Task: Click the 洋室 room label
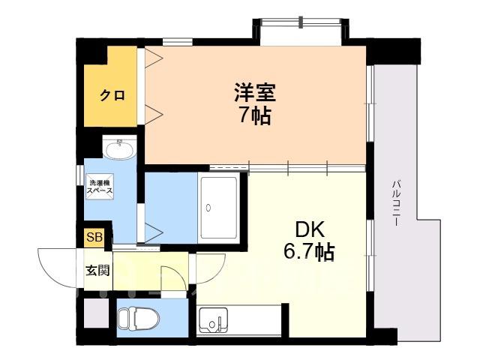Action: [255, 92]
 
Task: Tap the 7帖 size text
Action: [255, 115]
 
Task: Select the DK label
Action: [310, 229]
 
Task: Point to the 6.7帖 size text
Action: [309, 252]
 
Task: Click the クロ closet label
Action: [112, 95]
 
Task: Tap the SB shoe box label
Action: [94, 237]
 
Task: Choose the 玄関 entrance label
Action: [97, 270]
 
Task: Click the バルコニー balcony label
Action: [397, 203]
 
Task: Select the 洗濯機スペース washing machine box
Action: [100, 187]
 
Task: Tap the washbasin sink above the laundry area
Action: [119, 149]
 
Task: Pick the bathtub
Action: [218, 208]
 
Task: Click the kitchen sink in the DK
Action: [213, 321]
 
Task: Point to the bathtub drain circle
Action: [208, 208]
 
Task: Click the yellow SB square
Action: [94, 238]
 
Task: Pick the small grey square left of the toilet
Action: [97, 313]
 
